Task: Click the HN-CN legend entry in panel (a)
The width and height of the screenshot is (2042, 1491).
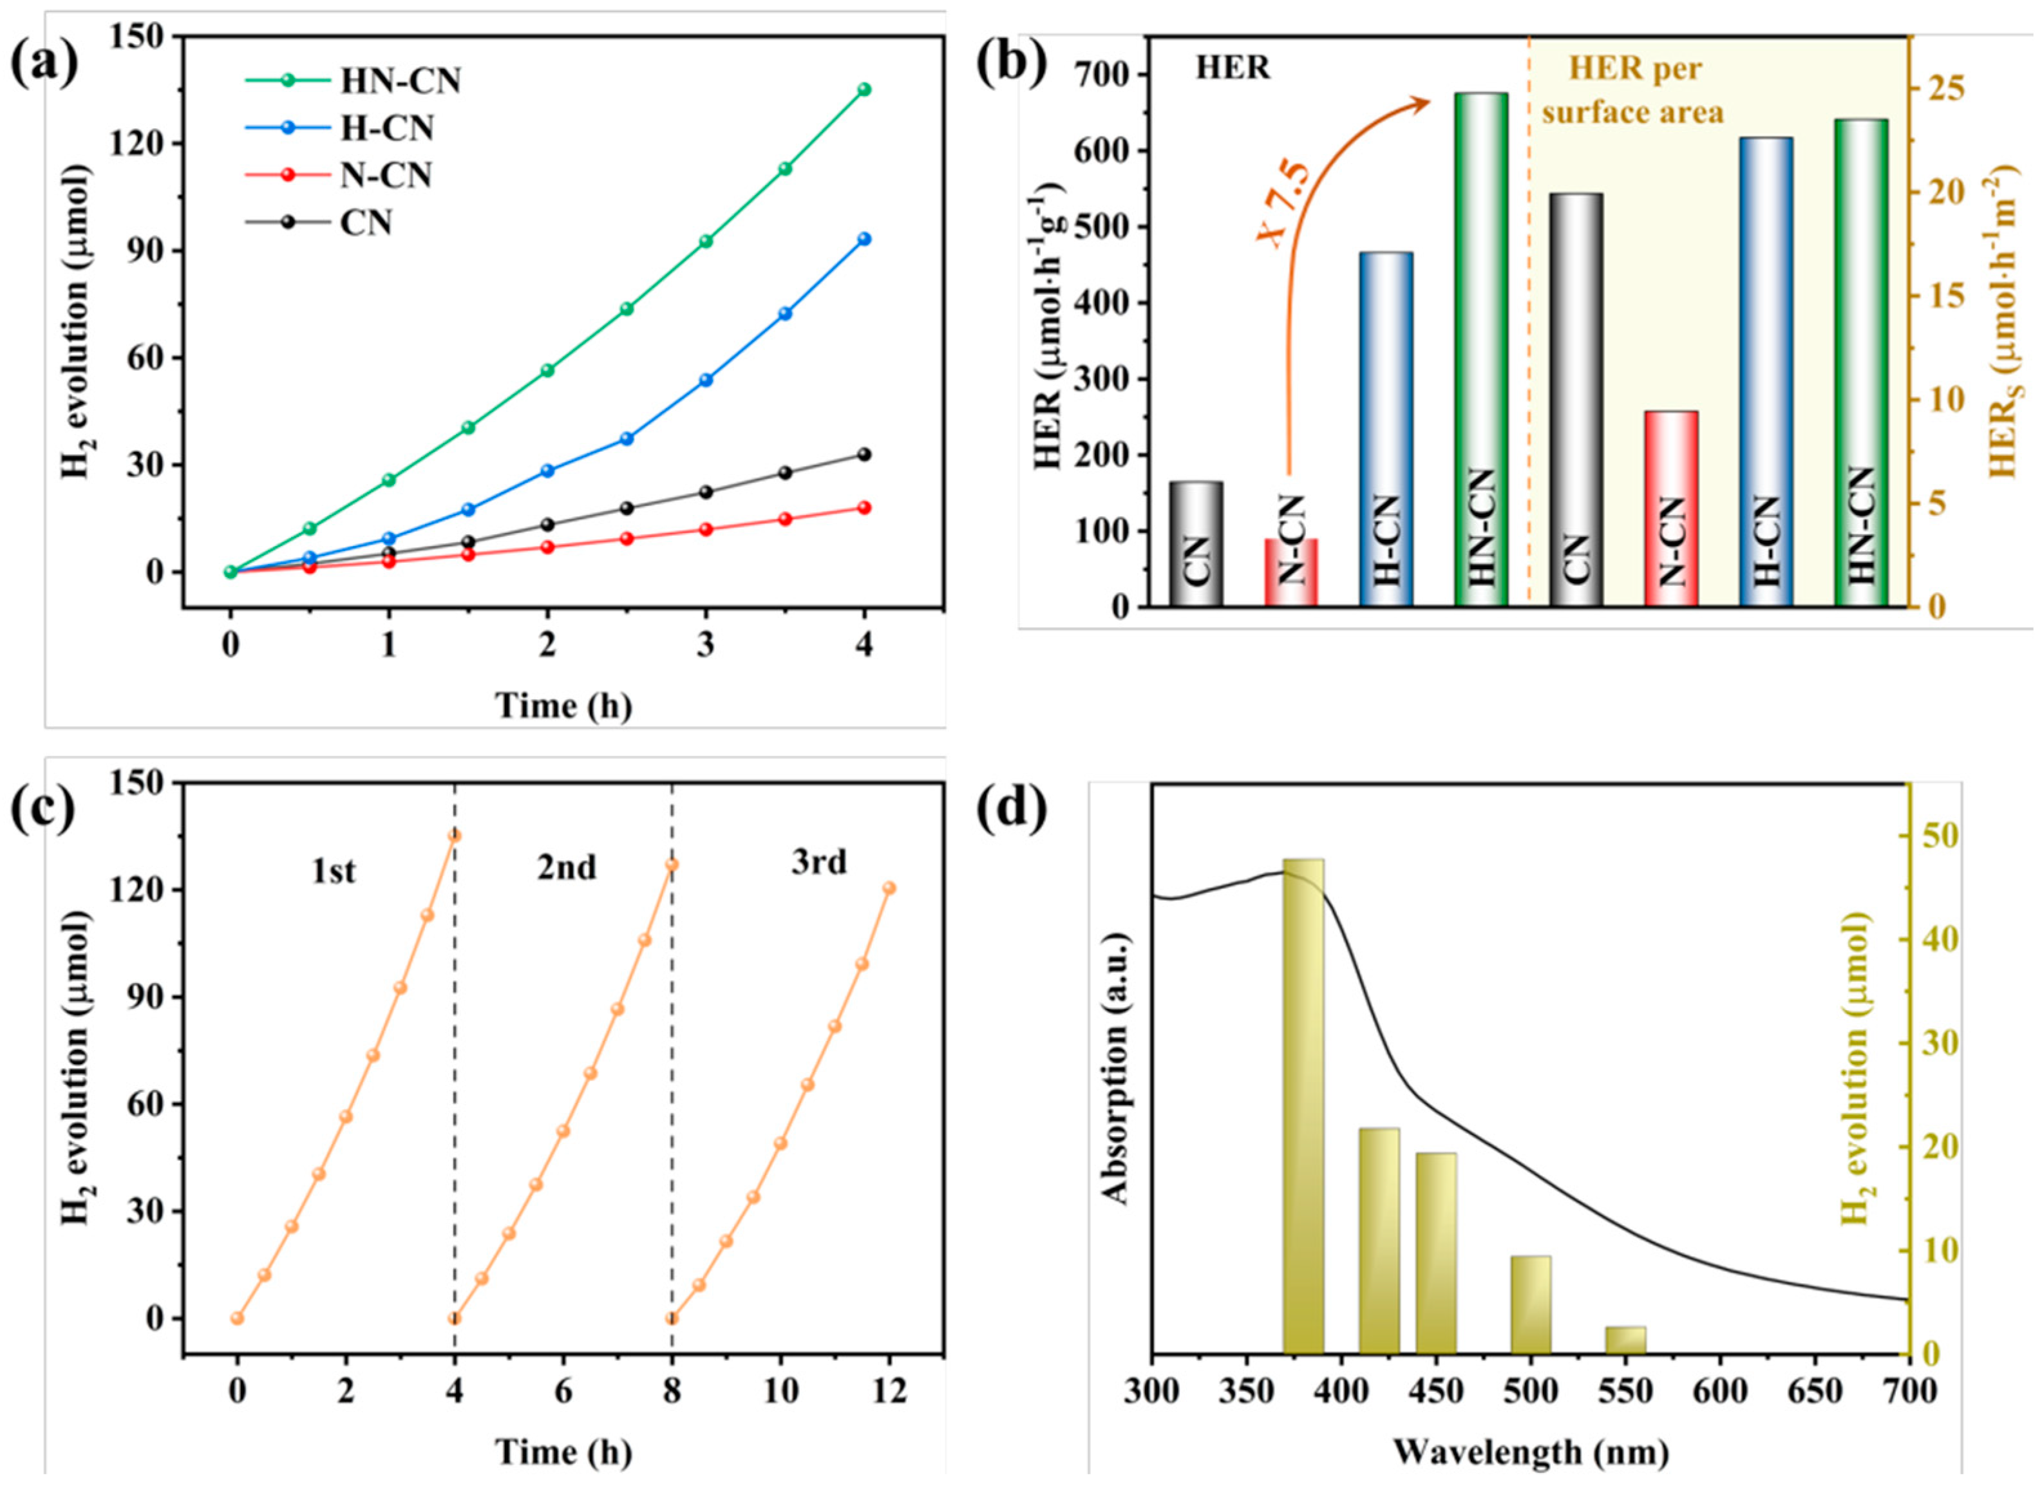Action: (x=400, y=81)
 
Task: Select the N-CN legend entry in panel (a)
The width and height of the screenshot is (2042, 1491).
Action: (x=386, y=175)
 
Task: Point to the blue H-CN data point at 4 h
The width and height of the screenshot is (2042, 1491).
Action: (x=864, y=239)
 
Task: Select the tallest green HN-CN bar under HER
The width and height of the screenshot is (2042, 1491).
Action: (x=1480, y=348)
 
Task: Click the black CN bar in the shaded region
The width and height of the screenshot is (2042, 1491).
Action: (x=1576, y=399)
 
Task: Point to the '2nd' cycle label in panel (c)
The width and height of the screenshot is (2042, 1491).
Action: (x=566, y=867)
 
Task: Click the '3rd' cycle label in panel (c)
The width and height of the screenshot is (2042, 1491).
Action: (x=818, y=863)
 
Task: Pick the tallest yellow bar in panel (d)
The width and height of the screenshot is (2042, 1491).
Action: (x=1303, y=1119)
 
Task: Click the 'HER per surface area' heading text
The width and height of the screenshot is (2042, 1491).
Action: (x=1632, y=90)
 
